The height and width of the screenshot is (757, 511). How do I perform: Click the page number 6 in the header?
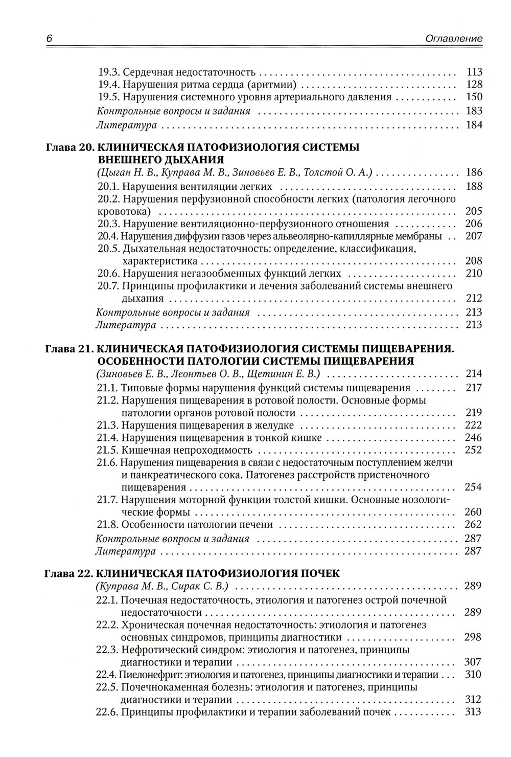click(x=49, y=38)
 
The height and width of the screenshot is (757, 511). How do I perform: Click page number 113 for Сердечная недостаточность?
click(x=474, y=72)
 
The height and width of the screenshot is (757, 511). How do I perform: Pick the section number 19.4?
click(x=109, y=84)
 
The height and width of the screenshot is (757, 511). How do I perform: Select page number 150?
click(x=474, y=97)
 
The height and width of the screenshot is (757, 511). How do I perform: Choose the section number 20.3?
click(x=109, y=224)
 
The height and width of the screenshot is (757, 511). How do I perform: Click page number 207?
click(x=474, y=236)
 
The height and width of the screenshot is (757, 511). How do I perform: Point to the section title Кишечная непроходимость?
click(x=187, y=450)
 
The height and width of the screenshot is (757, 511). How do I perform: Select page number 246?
click(x=474, y=438)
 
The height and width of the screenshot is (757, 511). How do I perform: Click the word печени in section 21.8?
click(x=258, y=525)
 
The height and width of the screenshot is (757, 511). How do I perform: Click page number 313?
click(x=474, y=712)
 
